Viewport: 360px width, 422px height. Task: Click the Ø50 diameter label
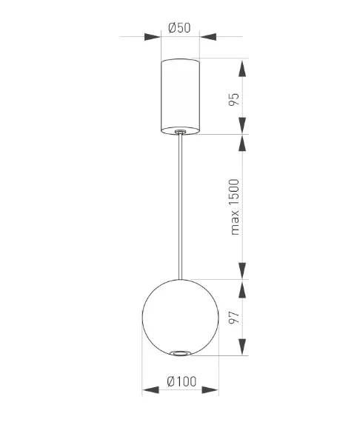click(x=179, y=27)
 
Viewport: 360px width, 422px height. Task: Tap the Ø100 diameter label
click(x=181, y=381)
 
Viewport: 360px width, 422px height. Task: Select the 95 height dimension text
click(x=234, y=99)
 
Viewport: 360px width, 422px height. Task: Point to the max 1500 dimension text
click(x=235, y=207)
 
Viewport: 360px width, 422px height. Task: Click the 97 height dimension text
click(x=234, y=318)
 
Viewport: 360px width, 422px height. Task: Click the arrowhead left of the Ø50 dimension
click(x=153, y=37)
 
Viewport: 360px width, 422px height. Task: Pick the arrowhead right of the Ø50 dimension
click(x=208, y=37)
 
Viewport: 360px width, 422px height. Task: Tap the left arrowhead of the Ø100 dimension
click(x=150, y=389)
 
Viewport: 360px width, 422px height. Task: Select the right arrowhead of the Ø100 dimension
click(x=210, y=389)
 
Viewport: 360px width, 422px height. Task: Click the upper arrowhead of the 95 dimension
click(x=242, y=69)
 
